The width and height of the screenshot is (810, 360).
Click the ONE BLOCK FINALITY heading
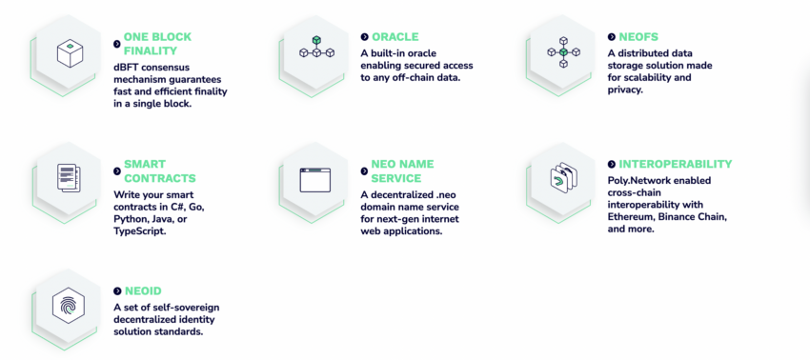[x=157, y=44]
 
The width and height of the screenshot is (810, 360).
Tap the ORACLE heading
[x=395, y=37]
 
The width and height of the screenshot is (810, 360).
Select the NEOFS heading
[x=638, y=37]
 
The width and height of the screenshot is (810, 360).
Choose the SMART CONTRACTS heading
[x=160, y=171]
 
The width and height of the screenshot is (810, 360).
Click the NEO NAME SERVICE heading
[x=402, y=171]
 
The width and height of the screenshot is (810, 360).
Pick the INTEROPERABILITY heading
[x=676, y=164]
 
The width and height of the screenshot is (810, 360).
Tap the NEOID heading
[x=143, y=291]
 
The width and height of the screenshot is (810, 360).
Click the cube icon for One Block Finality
[x=71, y=53]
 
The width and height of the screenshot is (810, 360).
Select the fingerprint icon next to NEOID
[x=69, y=306]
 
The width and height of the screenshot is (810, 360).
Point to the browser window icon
[x=315, y=180]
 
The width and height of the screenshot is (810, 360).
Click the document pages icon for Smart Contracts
[x=69, y=178]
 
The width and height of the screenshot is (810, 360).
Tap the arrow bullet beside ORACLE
[x=365, y=37]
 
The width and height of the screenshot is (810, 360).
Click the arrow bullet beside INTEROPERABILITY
[x=612, y=164]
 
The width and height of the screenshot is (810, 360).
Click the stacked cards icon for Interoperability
[x=563, y=178]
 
